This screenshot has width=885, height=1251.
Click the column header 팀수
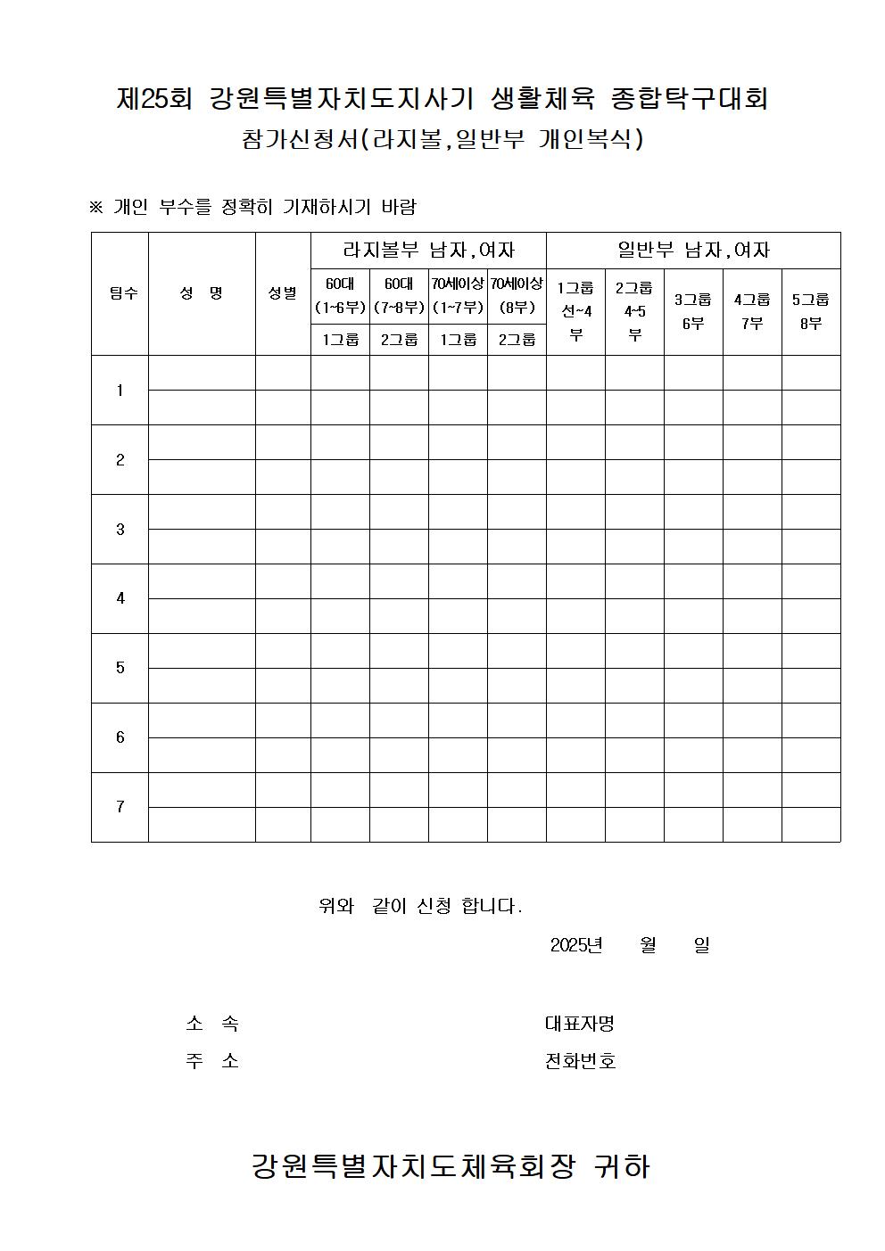pos(123,293)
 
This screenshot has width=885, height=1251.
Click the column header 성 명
pos(202,293)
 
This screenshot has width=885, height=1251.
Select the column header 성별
pos(283,293)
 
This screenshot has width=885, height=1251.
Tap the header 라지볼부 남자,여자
pos(428,251)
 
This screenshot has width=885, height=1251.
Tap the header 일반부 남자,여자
pos(693,251)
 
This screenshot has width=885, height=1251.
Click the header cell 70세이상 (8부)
pos(517,296)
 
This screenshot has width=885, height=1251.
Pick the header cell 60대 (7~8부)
pos(399,296)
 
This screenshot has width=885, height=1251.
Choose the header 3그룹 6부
pos(693,311)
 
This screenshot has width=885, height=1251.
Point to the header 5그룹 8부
pos(811,311)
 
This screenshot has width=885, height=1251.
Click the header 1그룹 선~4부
pos(575,311)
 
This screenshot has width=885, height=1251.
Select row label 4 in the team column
pos(120,598)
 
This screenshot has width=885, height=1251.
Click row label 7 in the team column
pos(120,807)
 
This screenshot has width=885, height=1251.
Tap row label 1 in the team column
pos(120,391)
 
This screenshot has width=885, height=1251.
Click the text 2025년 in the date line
pos(576,945)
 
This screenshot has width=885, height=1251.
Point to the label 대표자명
pos(580,1024)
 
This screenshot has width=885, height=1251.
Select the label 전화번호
pos(580,1061)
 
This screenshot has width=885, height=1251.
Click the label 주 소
pos(212,1061)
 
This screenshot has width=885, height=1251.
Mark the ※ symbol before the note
pos(96,208)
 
